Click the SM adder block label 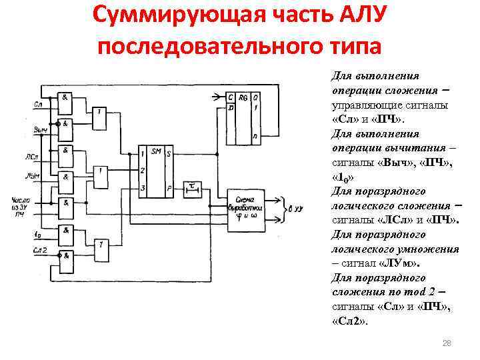tap(156, 151)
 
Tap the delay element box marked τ tap(193, 187)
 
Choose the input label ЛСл tap(40, 157)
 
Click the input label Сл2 tap(39, 248)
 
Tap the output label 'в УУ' tap(297, 209)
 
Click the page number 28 tap(447, 343)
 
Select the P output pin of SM tap(169, 188)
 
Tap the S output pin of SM tap(169, 153)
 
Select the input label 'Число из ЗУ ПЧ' tap(21, 207)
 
